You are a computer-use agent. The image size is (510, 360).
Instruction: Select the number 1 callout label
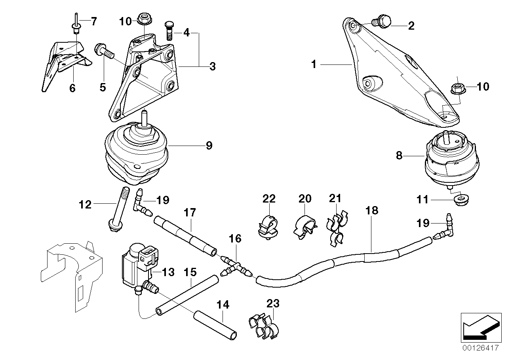pos(314,64)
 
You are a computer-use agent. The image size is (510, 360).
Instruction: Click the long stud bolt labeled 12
pos(118,210)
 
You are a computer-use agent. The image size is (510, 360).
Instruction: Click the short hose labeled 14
pos(215,324)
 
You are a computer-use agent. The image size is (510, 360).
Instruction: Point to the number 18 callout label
pos(372,210)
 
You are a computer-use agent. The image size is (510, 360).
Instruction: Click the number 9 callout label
pos(209,146)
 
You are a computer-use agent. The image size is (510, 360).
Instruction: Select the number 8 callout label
pos(399,156)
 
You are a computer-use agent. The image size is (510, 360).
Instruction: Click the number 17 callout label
pos(190,213)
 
